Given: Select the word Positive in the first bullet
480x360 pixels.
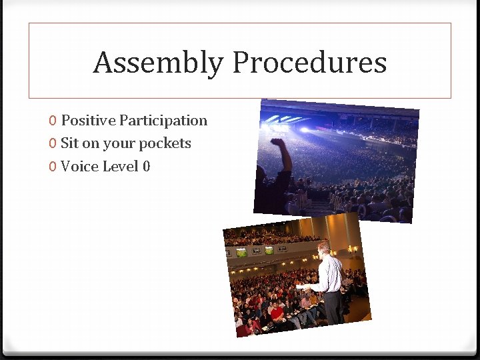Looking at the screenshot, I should point(88,121).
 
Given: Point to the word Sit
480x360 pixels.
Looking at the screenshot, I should point(69,143).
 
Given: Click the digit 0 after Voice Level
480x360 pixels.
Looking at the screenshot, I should point(147,166).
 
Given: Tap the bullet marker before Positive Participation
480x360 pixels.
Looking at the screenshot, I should point(52,121).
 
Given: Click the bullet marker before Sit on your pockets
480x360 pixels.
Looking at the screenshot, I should point(52,144).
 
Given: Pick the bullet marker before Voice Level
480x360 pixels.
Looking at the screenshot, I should point(52,167).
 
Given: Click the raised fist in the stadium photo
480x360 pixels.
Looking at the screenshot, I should point(277,143).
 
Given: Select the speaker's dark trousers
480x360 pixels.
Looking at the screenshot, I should point(333,307).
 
